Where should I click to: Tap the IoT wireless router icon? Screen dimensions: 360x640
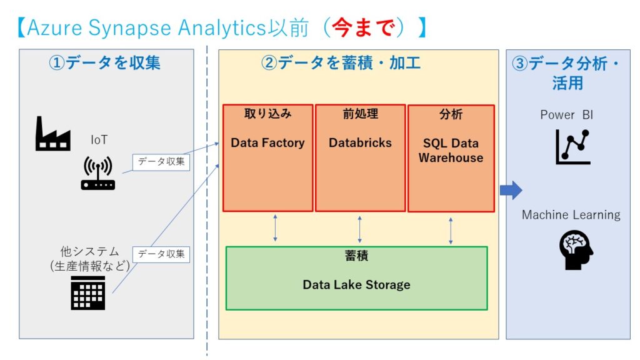point(97,173)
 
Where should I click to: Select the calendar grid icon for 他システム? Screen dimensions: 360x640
point(87,292)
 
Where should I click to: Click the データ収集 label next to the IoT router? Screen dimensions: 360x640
point(161,162)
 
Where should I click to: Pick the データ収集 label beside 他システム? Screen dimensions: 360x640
point(161,254)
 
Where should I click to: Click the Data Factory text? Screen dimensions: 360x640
point(267,142)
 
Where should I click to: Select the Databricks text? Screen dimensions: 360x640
point(360,142)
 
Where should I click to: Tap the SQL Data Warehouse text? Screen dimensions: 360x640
point(451,151)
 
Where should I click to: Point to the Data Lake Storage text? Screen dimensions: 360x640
point(356,284)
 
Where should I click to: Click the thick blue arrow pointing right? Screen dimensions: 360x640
point(511,190)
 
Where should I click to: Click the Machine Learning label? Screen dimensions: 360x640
point(571,215)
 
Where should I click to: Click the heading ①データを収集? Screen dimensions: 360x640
point(104,63)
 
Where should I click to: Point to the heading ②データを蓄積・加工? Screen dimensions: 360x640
point(341,63)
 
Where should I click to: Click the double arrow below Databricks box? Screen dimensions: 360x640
point(359,229)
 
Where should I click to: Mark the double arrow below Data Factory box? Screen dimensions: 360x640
point(275,228)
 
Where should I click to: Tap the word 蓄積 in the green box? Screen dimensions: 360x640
point(356,257)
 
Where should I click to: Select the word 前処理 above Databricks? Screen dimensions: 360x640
point(360,114)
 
